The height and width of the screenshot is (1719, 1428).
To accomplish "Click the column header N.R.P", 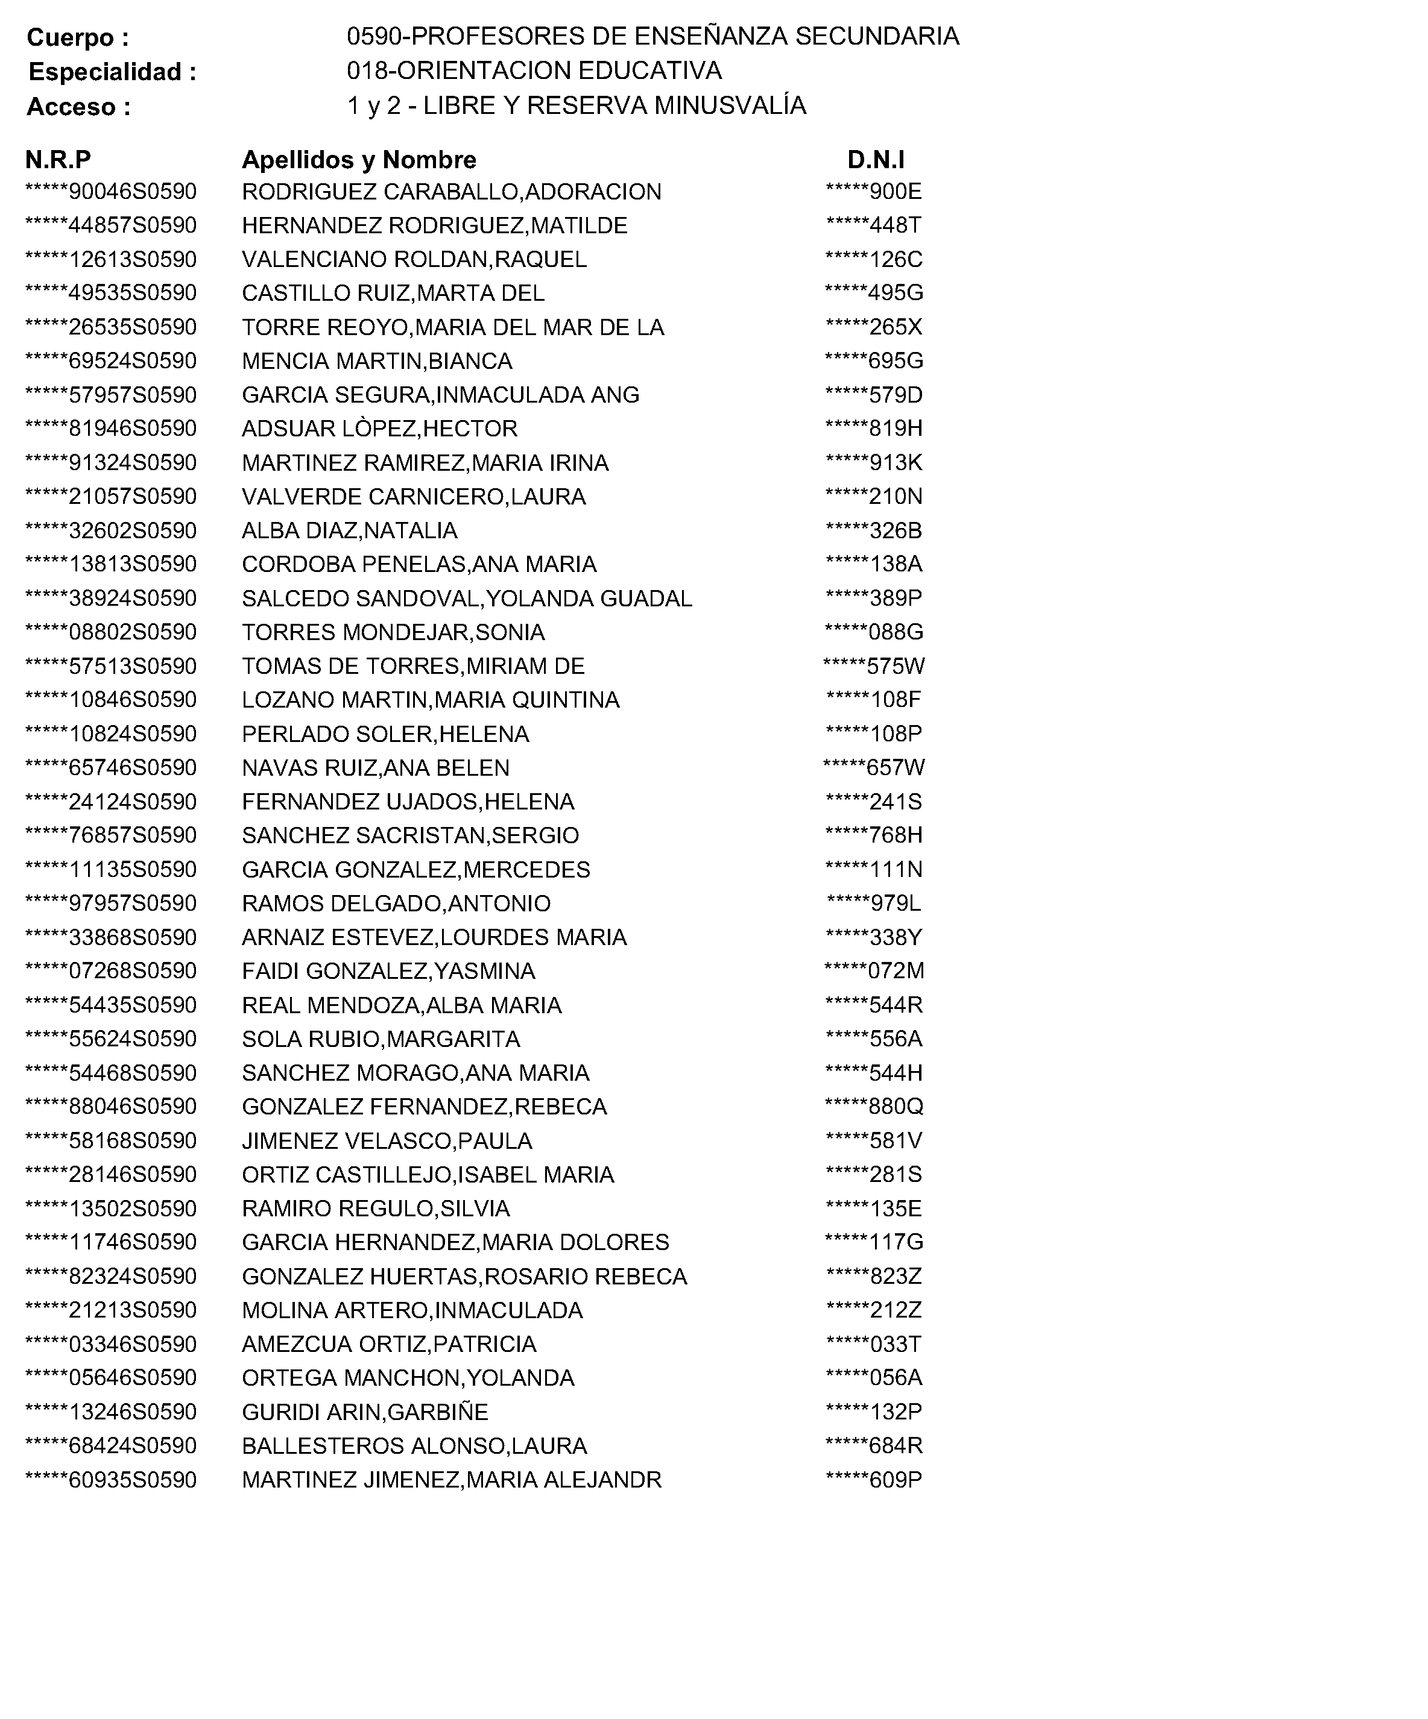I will pyautogui.click(x=58, y=159).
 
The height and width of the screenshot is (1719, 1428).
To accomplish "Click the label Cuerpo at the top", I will pyautogui.click(x=78, y=37).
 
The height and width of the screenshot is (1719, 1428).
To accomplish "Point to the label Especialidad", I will pyautogui.click(x=112, y=72).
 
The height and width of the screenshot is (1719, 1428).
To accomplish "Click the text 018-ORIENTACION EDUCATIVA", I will pyautogui.click(x=534, y=71).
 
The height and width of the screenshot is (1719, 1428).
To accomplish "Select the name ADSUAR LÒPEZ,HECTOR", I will pyautogui.click(x=379, y=429).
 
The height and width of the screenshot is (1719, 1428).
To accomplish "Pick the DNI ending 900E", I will pyautogui.click(x=874, y=192).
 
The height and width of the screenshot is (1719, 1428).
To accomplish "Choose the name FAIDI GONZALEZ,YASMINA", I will pyautogui.click(x=388, y=972).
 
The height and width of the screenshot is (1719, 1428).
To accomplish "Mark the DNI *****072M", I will pyautogui.click(x=874, y=972).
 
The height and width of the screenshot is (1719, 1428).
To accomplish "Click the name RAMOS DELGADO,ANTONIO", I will pyautogui.click(x=396, y=903).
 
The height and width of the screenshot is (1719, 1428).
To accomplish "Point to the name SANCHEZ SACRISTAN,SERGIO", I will pyautogui.click(x=410, y=836).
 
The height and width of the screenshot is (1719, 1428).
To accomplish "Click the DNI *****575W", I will pyautogui.click(x=874, y=666).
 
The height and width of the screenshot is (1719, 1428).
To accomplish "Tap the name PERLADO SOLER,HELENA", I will pyautogui.click(x=385, y=734).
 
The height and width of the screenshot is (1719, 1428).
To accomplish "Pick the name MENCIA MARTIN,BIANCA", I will pyautogui.click(x=377, y=361).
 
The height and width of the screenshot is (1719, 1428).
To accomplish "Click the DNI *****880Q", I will pyautogui.click(x=874, y=1107).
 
